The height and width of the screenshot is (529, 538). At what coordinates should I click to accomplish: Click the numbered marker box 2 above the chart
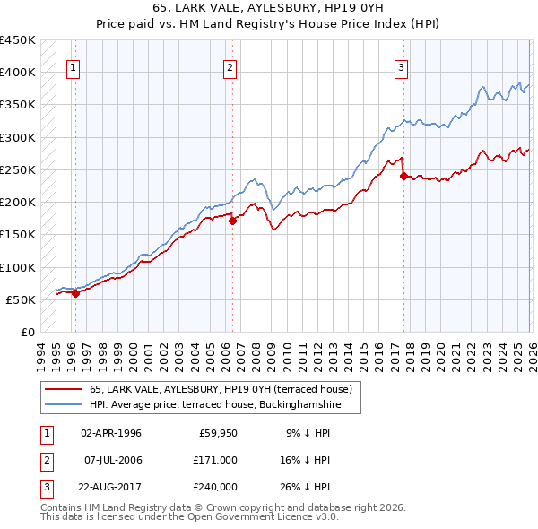(230, 66)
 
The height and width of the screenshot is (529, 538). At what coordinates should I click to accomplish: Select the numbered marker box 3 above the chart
(401, 66)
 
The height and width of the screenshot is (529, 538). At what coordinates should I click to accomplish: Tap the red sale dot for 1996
(75, 292)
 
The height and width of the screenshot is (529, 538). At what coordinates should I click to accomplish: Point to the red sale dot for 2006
(232, 221)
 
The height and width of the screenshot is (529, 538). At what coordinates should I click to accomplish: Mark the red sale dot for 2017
(403, 176)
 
